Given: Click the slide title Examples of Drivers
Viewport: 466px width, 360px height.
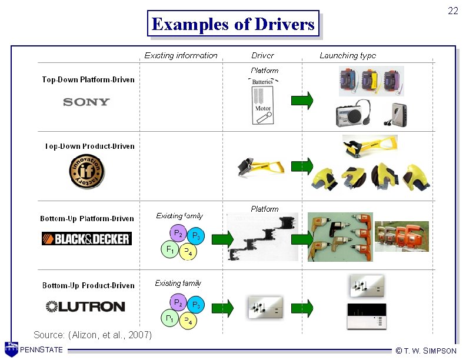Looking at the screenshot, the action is (x=233, y=24).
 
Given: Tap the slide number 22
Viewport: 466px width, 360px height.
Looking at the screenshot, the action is (x=452, y=11).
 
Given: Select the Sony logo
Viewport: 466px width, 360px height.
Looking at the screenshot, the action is (x=86, y=102).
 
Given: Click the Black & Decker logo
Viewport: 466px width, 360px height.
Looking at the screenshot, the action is (x=86, y=238).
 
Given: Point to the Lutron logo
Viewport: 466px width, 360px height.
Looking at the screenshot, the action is (x=85, y=306).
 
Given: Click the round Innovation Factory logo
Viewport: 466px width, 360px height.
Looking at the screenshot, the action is (x=86, y=172).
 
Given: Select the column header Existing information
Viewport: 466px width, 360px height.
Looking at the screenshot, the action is (x=181, y=55).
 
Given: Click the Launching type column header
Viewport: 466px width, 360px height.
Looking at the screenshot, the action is (x=347, y=55).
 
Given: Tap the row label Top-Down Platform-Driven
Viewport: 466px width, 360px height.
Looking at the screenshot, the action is (x=88, y=79).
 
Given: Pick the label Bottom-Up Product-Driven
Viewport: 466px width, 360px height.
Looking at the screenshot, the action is (x=88, y=285).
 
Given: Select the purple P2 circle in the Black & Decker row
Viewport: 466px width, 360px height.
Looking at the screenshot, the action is (x=177, y=234).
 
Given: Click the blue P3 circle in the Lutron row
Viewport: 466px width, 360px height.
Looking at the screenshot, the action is (x=197, y=305).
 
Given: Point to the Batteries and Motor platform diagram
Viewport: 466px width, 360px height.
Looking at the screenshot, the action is (x=262, y=101).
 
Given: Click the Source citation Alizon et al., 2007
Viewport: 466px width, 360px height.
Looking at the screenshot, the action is (x=92, y=335).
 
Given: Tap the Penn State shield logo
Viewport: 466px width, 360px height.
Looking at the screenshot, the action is (x=11, y=349).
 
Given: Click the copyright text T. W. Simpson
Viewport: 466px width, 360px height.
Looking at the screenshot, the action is (x=426, y=351).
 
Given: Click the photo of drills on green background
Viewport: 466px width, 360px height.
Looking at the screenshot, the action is (x=340, y=236).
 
